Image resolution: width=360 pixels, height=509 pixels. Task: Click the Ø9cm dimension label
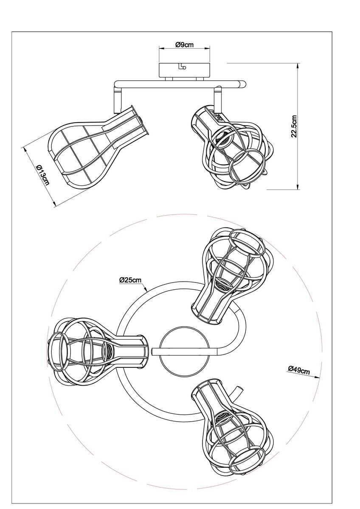tap(184, 45)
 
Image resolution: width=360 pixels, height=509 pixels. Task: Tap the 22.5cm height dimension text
tap(294, 126)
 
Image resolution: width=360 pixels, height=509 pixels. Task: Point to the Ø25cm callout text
tap(130, 280)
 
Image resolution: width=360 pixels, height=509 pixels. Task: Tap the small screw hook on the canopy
tap(182, 66)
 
